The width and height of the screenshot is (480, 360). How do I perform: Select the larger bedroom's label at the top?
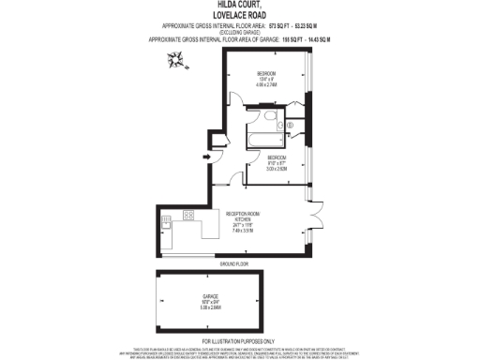tap(266, 72)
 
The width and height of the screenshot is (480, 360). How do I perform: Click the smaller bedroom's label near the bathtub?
tap(277, 157)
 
